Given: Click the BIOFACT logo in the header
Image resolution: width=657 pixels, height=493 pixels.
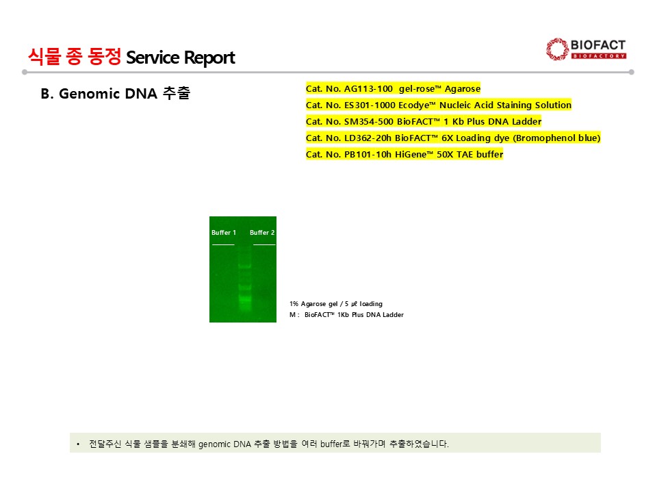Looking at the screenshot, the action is [x=586, y=49].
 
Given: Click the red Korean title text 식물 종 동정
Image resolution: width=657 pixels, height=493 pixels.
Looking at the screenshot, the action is [x=75, y=57].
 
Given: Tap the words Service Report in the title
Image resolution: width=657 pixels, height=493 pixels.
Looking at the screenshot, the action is [x=181, y=58].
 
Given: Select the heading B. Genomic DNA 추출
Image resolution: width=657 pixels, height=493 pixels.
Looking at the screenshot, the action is [x=116, y=93].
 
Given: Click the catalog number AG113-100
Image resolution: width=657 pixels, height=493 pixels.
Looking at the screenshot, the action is [x=368, y=88].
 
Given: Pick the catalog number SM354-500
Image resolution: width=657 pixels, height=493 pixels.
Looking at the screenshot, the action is [x=369, y=122].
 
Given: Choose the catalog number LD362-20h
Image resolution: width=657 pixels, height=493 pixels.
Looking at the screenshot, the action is [x=368, y=138].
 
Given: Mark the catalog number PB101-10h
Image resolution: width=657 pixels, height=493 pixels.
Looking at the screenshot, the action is [x=368, y=154].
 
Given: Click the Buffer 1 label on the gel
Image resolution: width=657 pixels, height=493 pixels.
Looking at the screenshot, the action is [x=224, y=233].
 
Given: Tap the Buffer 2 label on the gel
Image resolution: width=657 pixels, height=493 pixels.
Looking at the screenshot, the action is [x=262, y=233].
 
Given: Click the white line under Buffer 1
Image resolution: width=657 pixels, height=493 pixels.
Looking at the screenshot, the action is [x=223, y=244].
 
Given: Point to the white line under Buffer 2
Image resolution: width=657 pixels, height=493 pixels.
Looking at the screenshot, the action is [x=264, y=244].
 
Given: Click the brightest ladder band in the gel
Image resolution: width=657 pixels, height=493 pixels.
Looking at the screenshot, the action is [x=245, y=299].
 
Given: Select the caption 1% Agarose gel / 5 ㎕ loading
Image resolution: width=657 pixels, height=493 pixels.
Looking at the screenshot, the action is [x=336, y=304].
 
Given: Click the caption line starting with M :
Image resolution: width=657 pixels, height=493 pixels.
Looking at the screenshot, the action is [x=346, y=315].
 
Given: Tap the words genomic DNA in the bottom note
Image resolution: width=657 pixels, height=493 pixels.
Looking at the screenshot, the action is [x=224, y=444].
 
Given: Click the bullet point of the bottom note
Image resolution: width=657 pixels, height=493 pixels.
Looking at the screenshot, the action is [x=78, y=444].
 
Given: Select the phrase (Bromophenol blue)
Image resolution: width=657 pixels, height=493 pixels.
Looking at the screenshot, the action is [x=556, y=138].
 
